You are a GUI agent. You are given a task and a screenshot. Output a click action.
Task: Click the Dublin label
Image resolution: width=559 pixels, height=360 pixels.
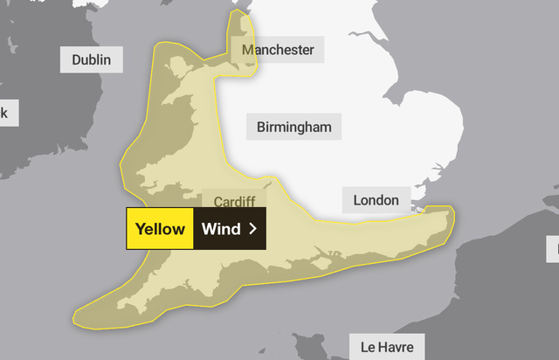click(92, 60)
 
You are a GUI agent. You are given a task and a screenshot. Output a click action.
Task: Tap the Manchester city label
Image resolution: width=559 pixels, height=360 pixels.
click(278, 50)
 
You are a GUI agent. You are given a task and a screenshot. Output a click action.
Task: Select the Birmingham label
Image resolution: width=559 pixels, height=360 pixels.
click(294, 128)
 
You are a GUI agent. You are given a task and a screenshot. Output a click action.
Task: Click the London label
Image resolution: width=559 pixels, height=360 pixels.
click(376, 201)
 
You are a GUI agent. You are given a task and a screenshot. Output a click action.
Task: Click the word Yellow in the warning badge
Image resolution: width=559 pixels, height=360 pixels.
click(159, 229)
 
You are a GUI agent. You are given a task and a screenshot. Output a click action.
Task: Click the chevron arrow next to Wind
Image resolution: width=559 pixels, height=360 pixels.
click(252, 229)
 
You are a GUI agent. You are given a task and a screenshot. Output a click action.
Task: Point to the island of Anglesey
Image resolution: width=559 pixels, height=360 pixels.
click(175, 66)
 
